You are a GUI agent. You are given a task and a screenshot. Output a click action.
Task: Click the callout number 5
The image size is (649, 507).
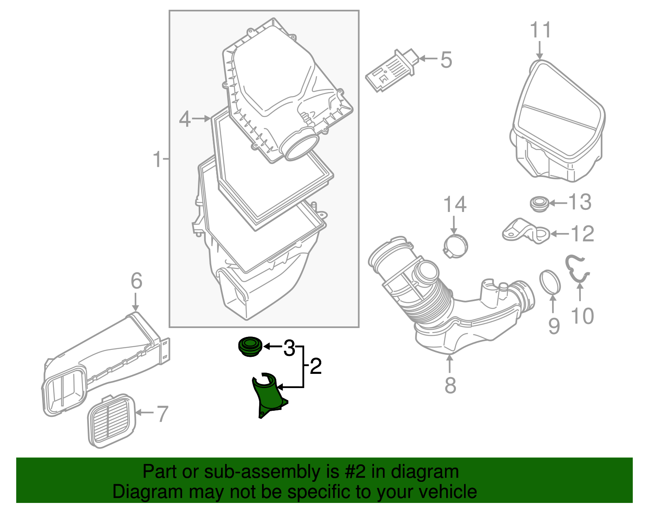(446, 60)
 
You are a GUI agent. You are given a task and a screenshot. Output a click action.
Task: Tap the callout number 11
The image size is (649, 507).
(541, 30)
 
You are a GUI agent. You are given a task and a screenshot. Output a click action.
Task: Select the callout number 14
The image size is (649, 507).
(455, 205)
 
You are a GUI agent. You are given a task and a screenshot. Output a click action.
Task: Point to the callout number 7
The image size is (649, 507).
(162, 414)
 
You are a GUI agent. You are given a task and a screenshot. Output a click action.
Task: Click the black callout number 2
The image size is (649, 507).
(316, 367)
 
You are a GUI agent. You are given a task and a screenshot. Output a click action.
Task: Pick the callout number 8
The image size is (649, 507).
(450, 385)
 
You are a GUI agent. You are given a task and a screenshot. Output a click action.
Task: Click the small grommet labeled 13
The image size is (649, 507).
(539, 203)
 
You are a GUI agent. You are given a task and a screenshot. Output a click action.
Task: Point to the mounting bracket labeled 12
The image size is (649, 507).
(526, 232)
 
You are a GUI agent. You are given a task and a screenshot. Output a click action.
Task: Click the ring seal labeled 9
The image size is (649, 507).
(550, 281)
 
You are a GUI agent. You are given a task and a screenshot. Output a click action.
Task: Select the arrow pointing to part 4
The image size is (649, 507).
(201, 119)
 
